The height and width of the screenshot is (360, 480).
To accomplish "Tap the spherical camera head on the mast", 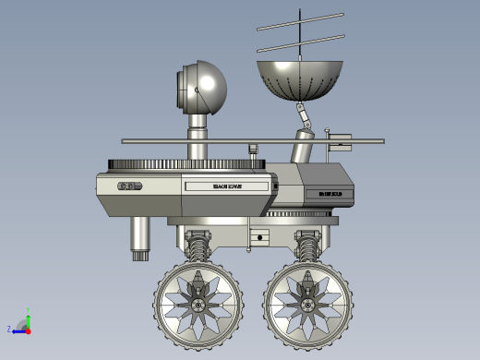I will [x=203, y=87].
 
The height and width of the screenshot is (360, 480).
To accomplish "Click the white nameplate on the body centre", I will [x=226, y=186].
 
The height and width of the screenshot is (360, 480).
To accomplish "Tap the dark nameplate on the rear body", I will [x=330, y=193].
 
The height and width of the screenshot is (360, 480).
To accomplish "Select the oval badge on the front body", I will [x=129, y=186].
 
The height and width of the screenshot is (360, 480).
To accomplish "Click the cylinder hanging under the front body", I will [x=140, y=239].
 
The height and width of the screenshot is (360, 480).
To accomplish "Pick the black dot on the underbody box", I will [x=260, y=237].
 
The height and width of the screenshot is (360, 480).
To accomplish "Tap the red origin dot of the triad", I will [x=28, y=329].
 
